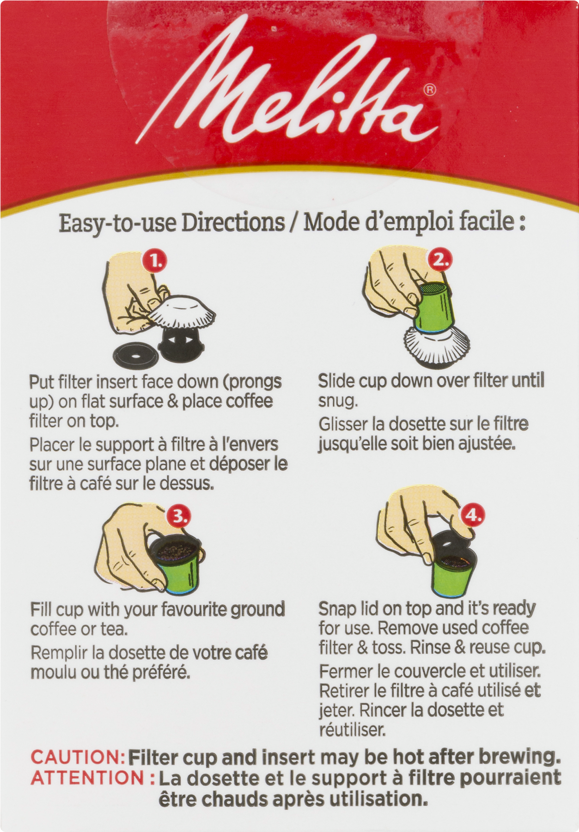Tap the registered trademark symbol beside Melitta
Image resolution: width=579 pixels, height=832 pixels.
tap(430, 89)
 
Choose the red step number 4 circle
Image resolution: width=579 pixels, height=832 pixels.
tap(473, 514)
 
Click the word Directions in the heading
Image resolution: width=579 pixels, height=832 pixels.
tap(233, 223)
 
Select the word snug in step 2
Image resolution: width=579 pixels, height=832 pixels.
tap(338, 401)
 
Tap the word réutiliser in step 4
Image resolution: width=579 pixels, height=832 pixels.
tap(352, 730)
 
